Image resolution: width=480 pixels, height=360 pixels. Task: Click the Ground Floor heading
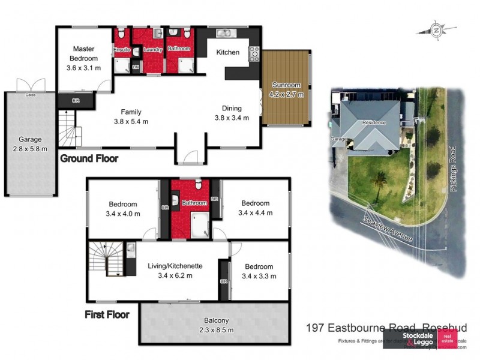[x=89, y=159]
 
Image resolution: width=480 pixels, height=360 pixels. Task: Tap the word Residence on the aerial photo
[x=373, y=122]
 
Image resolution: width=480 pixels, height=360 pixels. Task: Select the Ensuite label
[x=122, y=49]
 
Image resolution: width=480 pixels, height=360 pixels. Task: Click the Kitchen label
[x=228, y=53]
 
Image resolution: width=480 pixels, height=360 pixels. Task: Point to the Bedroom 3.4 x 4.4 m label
[x=255, y=208]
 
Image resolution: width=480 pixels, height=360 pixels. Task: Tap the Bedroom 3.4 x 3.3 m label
[x=259, y=271]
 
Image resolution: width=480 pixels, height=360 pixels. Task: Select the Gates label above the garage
[x=29, y=95]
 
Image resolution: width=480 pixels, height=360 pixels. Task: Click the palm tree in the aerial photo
[x=380, y=178]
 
